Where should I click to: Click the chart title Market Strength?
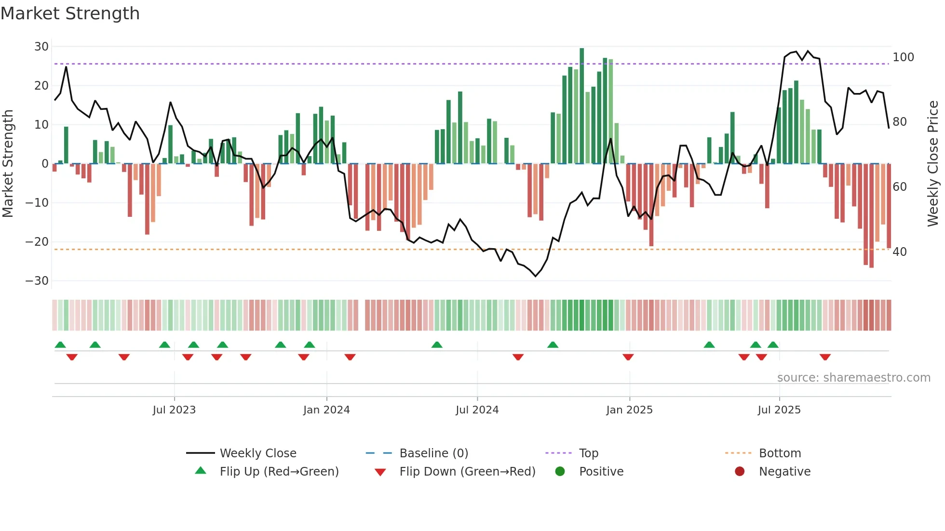pos(70,13)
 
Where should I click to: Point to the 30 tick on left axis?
pos(41,47)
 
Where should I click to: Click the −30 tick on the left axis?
pos(37,281)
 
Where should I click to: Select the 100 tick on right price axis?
pos(903,57)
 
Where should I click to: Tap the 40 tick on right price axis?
pos(900,252)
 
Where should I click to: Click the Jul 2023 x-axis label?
pos(174,410)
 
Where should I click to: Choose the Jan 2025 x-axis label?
pos(629,410)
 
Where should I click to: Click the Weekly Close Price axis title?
pos(933,164)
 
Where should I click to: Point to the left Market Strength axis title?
pos(8,164)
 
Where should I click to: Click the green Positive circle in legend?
pos(560,471)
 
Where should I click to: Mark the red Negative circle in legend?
pos(740,471)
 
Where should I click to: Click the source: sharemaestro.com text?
pos(853,378)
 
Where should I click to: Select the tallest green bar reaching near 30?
pos(582,106)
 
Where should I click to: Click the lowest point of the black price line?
pos(535,276)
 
